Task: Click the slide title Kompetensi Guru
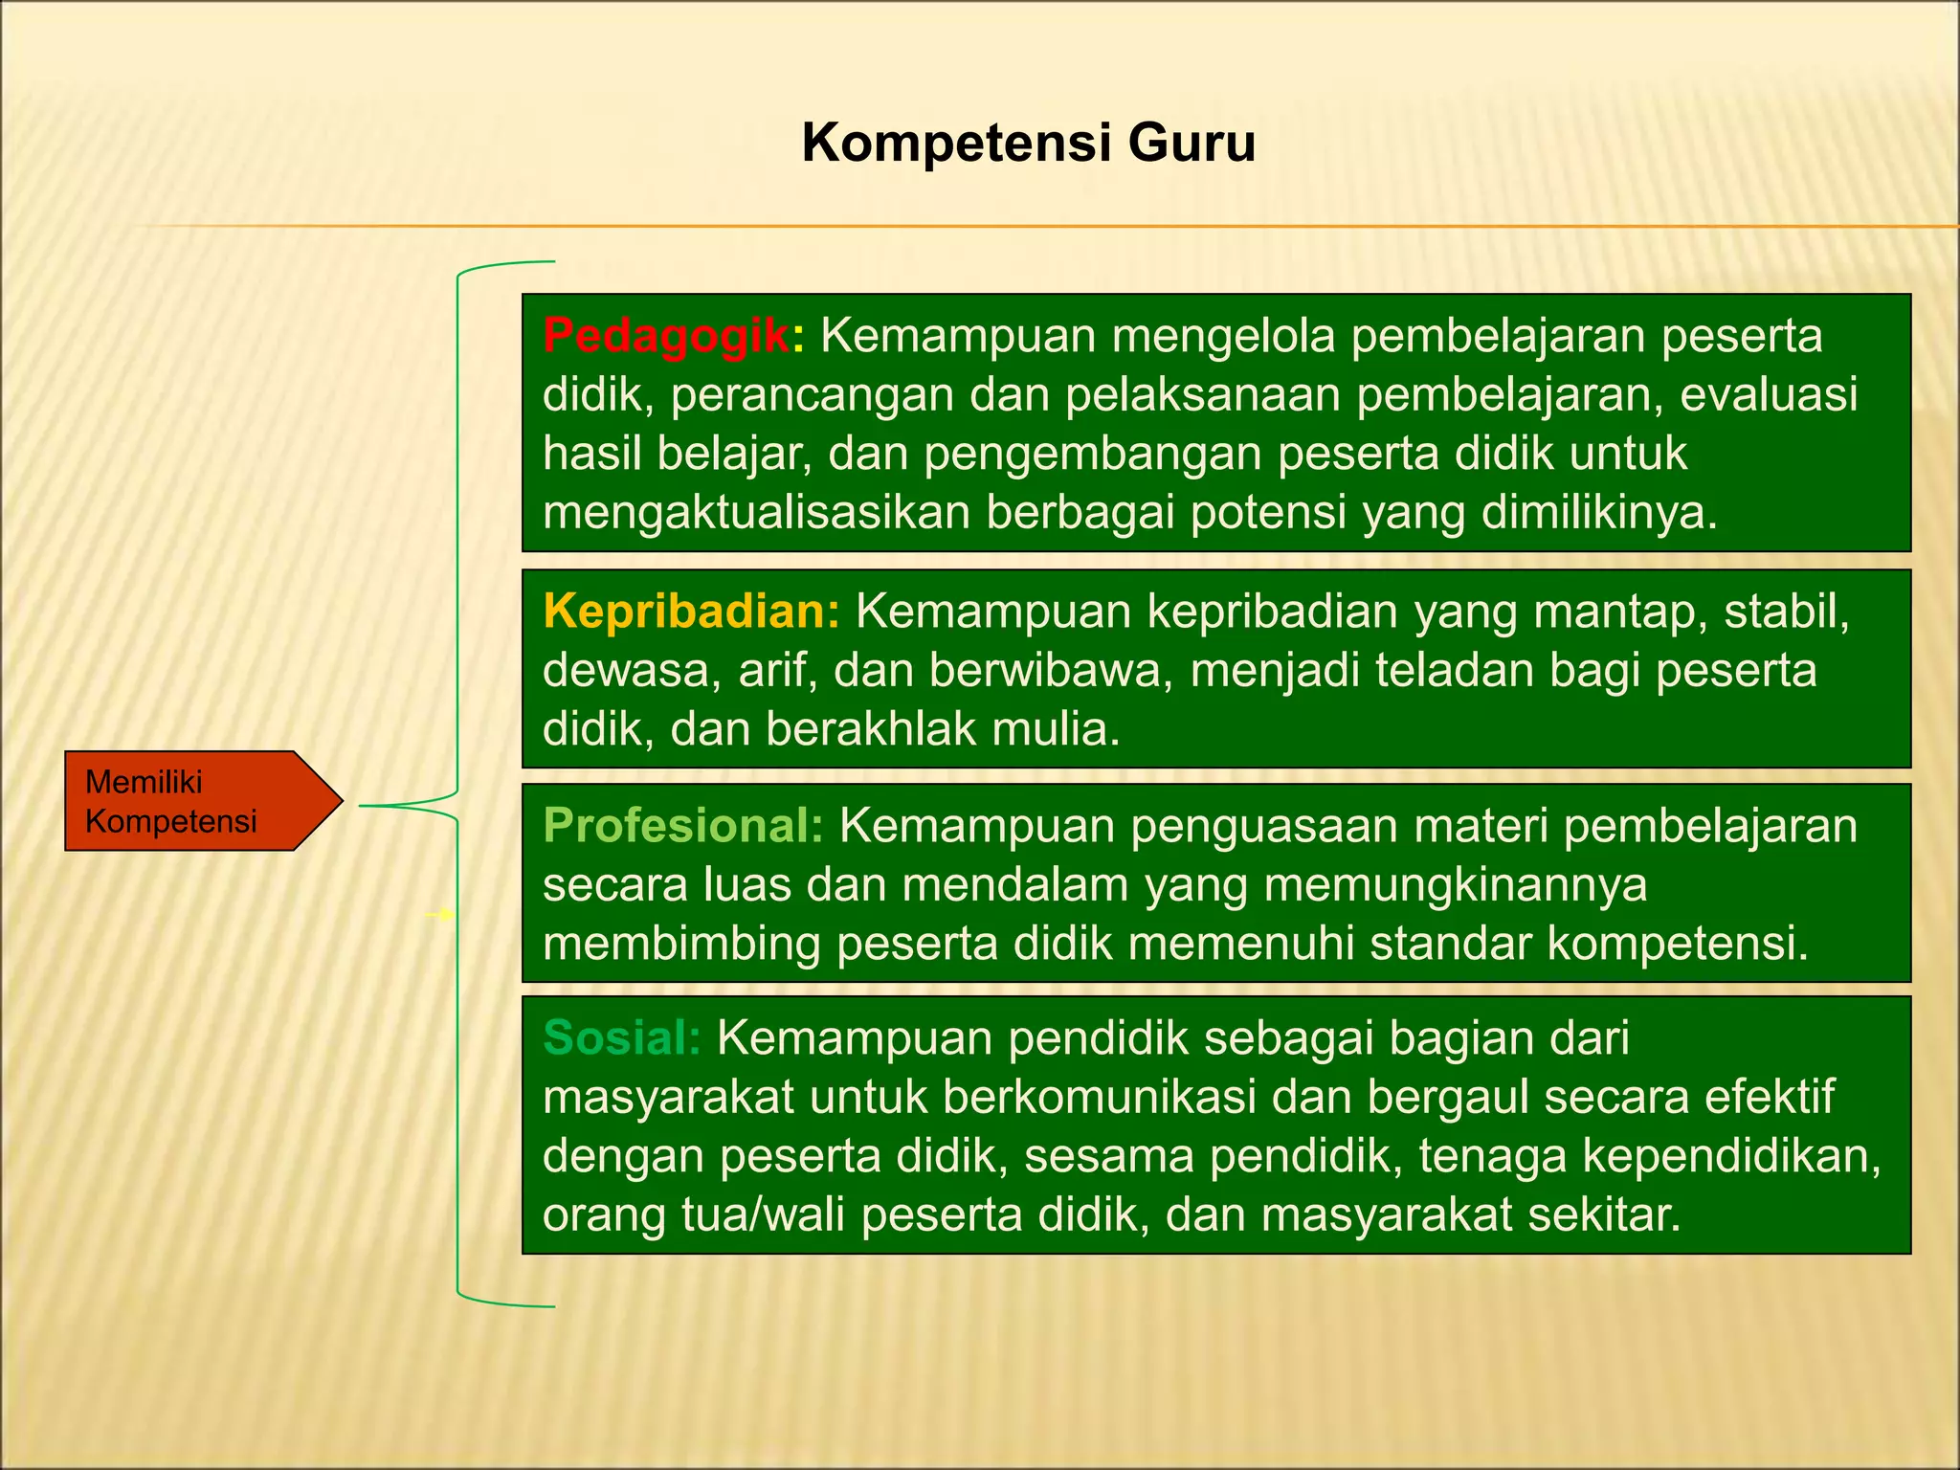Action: pyautogui.click(x=1028, y=144)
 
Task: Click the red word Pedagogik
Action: pyautogui.click(x=666, y=336)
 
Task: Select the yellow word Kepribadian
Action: pyautogui.click(x=690, y=612)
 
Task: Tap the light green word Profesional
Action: pyautogui.click(x=682, y=826)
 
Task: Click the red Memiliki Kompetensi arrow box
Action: pyautogui.click(x=191, y=801)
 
